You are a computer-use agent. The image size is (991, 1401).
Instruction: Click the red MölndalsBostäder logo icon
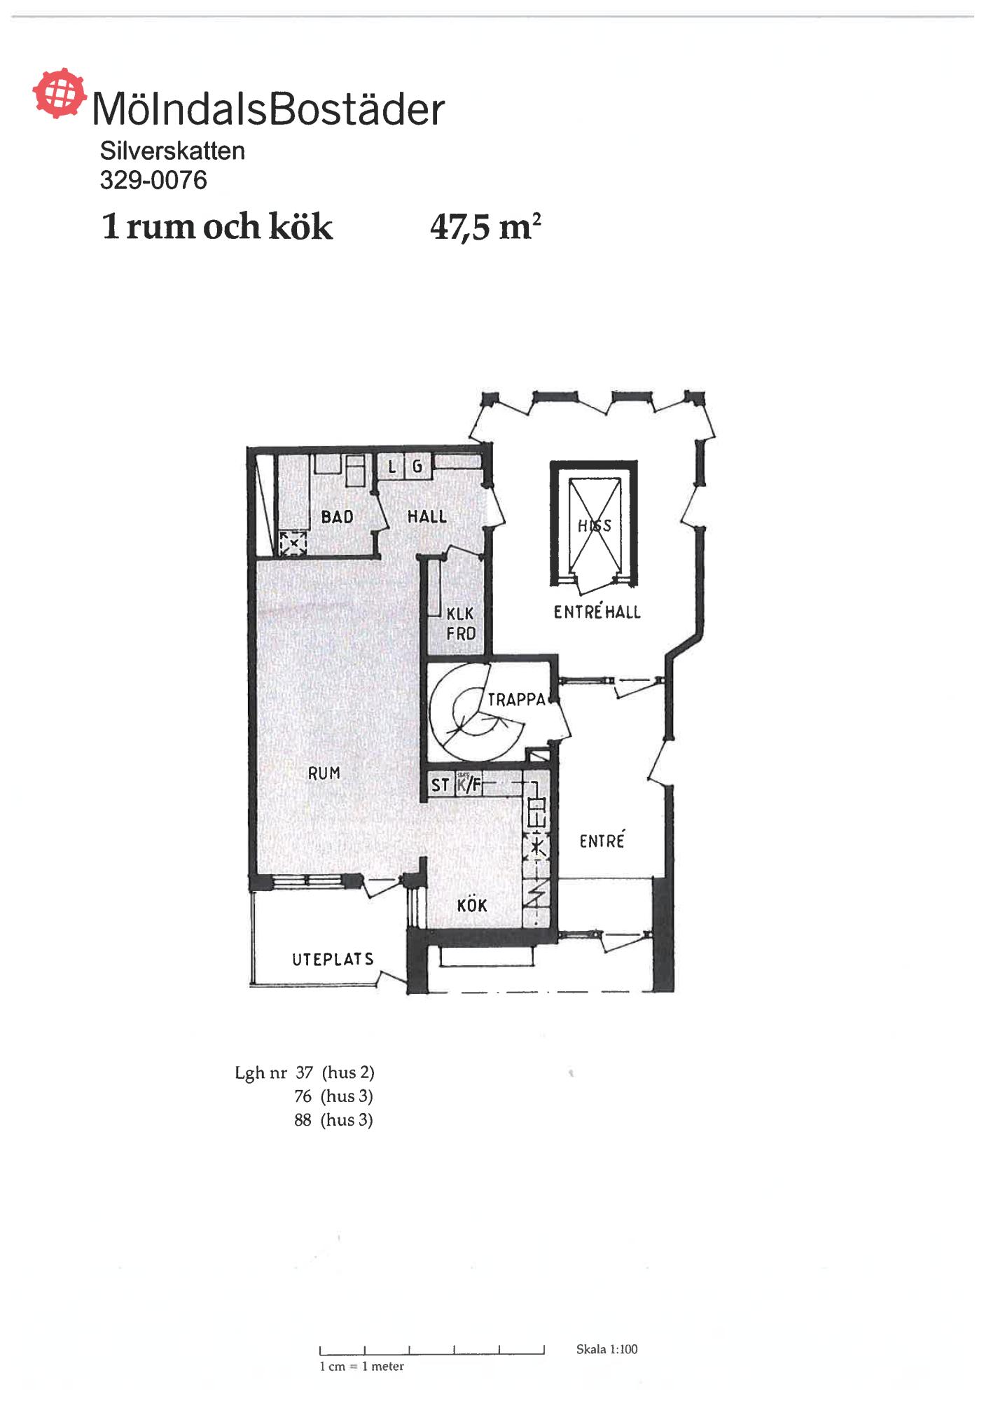pos(60,93)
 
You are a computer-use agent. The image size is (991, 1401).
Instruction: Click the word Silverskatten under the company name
pos(172,151)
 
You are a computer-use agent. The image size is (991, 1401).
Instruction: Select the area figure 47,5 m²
pos(486,226)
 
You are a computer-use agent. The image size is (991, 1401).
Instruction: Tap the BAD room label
pos(337,517)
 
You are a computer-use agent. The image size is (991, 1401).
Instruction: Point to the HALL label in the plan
pos(427,516)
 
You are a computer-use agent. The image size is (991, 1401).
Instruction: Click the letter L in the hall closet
pos(392,466)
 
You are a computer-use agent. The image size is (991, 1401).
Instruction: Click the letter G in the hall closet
pos(417,466)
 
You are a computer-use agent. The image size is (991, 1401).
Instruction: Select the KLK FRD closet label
pos(461,623)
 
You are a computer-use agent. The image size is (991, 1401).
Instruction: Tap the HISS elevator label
pos(595,525)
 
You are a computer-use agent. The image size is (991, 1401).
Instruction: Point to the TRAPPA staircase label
pos(516,699)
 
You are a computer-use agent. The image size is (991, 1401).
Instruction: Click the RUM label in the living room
pos(324,773)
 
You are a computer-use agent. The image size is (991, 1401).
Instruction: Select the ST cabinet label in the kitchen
pos(440,785)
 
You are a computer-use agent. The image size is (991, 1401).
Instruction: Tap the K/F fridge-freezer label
pos(469,785)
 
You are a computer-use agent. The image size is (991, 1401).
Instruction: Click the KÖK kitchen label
pos(472,905)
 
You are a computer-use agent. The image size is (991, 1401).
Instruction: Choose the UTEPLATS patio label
pos(333,959)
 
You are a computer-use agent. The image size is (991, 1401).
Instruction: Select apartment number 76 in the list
pos(303,1096)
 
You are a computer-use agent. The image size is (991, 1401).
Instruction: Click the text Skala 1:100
pos(607,1349)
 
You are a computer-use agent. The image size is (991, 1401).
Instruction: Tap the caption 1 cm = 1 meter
pos(362,1366)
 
